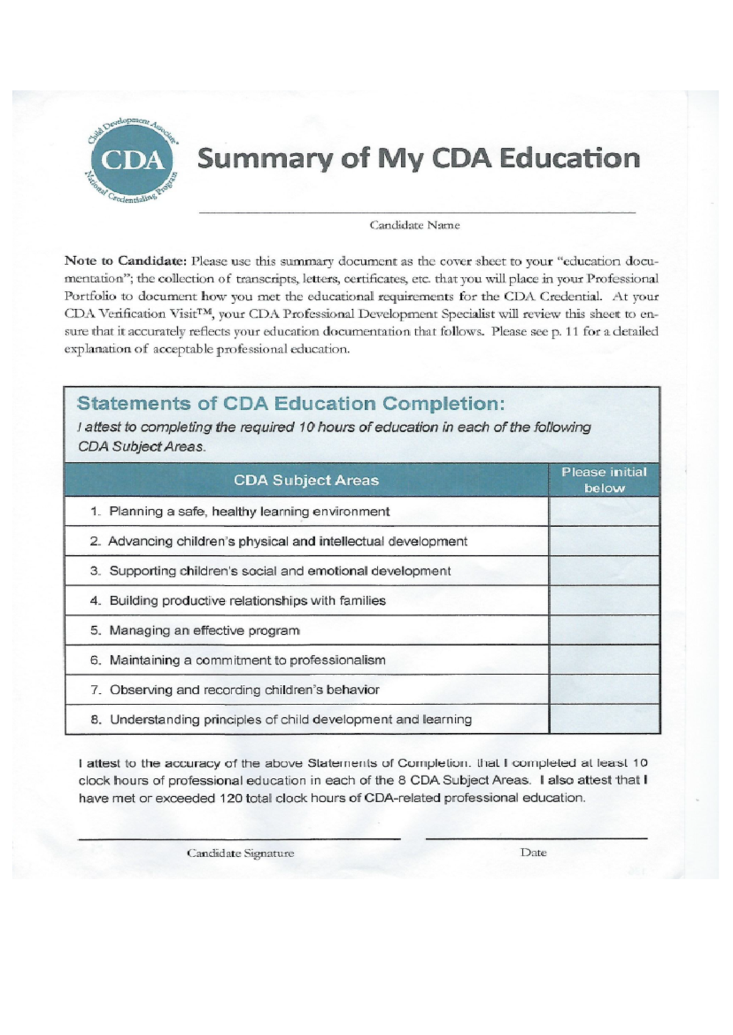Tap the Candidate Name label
coord(414,225)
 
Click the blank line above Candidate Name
coord(417,211)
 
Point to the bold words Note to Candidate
coord(125,261)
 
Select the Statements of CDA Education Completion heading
coord(291,404)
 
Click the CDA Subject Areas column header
coord(306,480)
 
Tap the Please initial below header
coord(604,480)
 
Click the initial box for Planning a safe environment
coord(604,511)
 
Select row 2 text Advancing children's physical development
coord(287,541)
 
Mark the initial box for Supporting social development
coord(604,571)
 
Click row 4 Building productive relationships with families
coord(247,601)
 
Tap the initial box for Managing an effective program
coord(604,630)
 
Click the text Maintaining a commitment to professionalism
coord(247,660)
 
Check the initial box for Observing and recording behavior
coord(604,689)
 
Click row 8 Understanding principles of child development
coord(290,719)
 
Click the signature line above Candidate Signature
coord(239,839)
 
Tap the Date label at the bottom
coord(533,853)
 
